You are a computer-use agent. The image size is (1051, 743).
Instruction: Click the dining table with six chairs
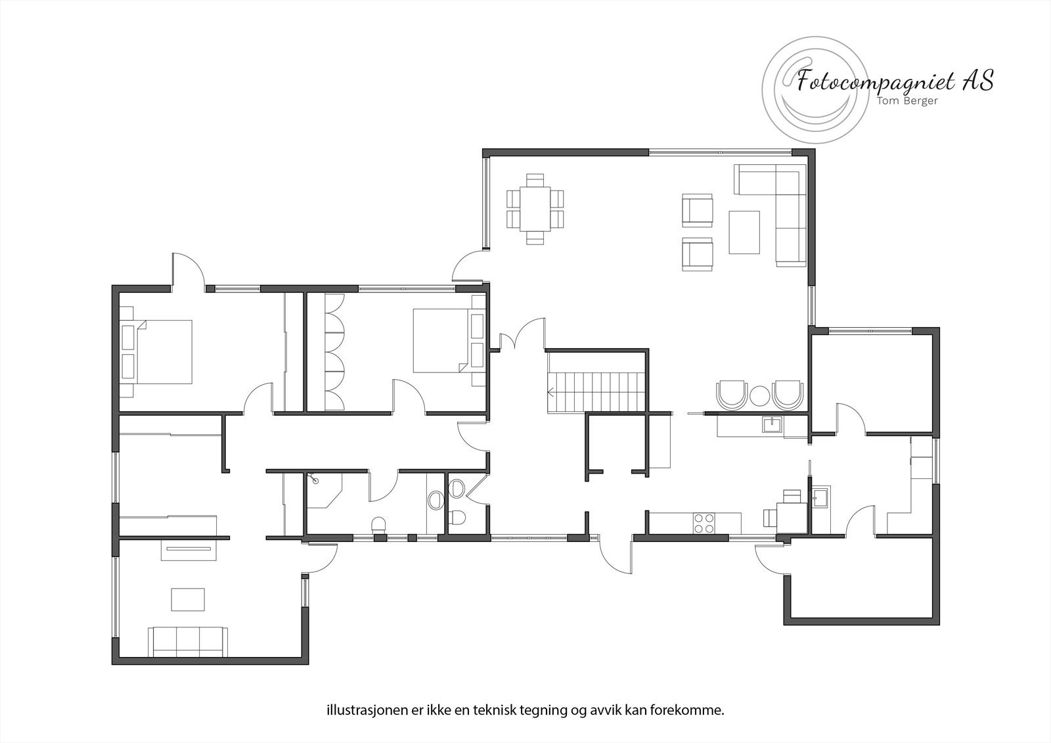coord(535,208)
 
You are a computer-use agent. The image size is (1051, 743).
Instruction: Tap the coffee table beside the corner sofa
coord(744,231)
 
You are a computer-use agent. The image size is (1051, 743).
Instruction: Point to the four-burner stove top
coord(704,523)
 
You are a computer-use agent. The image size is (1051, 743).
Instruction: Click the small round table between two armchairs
coord(759,395)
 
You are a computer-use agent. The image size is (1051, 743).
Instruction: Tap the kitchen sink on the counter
coord(772,425)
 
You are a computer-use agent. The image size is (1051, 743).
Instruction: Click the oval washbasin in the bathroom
coord(435,501)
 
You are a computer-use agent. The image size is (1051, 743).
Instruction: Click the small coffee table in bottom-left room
coord(188,599)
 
